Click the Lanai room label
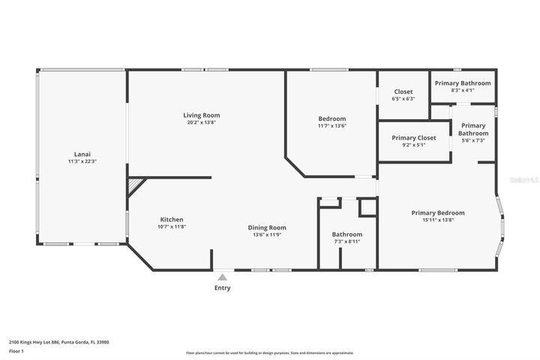[x=82, y=153]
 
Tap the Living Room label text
[x=202, y=115]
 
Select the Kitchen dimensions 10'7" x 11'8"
[x=172, y=226]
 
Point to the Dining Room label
[x=267, y=227]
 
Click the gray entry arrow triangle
[x=222, y=277]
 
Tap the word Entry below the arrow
[x=223, y=288]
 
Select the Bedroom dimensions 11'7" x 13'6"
[x=331, y=126]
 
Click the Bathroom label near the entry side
[x=347, y=234]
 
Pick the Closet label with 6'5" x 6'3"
[x=403, y=91]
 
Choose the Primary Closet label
[x=413, y=138]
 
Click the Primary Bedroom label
[x=438, y=212]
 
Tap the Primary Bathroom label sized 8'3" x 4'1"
[x=463, y=82]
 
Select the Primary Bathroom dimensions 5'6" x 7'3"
[x=472, y=140]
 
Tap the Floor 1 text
[x=16, y=350]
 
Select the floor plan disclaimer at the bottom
[x=269, y=352]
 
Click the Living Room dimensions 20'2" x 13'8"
[x=202, y=122]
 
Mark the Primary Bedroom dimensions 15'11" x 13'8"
[x=438, y=220]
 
